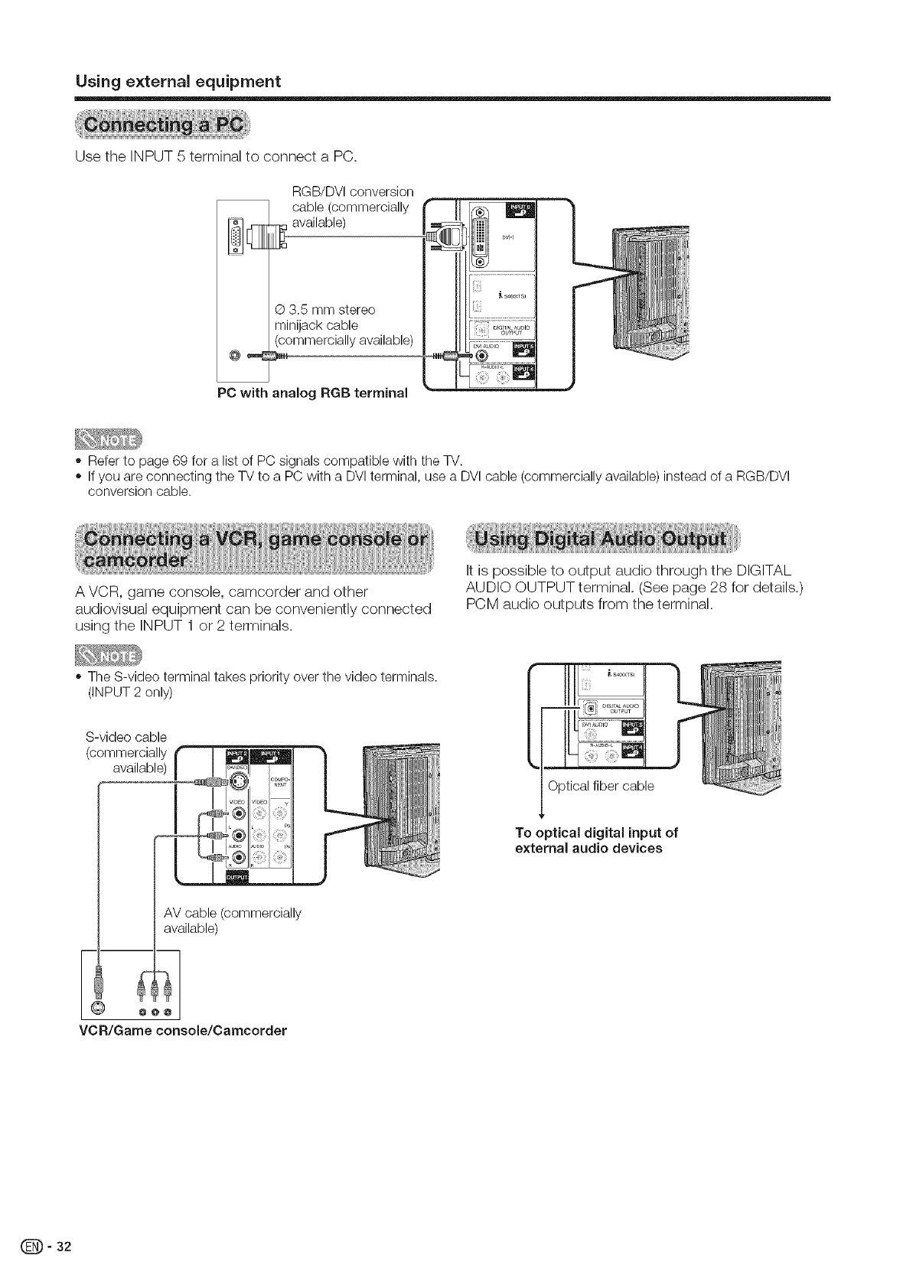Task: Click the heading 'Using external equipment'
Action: point(178,81)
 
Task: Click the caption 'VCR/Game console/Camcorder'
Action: point(183,1030)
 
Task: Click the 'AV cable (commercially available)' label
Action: point(232,921)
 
